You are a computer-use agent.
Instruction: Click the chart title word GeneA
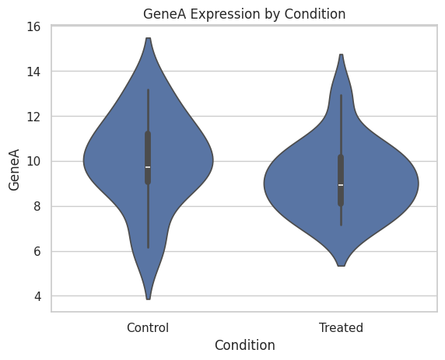pyautogui.click(x=165, y=14)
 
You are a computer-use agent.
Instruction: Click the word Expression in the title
pyautogui.click(x=225, y=15)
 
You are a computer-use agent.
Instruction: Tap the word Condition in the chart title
pyautogui.click(x=315, y=14)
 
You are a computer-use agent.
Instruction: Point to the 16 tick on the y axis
pyautogui.click(x=33, y=26)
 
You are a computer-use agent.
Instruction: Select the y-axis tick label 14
pyautogui.click(x=33, y=72)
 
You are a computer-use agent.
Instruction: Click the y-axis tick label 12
pyautogui.click(x=33, y=117)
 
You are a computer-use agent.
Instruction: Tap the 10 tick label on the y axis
pyautogui.click(x=33, y=162)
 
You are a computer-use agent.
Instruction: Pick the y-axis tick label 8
pyautogui.click(x=37, y=206)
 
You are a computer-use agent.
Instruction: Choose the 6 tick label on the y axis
pyautogui.click(x=37, y=251)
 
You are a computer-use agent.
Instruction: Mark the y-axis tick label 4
pyautogui.click(x=37, y=296)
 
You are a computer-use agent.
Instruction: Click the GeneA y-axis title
pyautogui.click(x=14, y=170)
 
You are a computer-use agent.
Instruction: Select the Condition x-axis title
pyautogui.click(x=245, y=345)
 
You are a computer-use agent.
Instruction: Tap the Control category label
pyautogui.click(x=148, y=327)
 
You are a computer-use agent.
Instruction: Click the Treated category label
pyautogui.click(x=341, y=327)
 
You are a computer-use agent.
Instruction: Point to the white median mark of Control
pyautogui.click(x=148, y=167)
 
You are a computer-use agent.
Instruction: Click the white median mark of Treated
pyautogui.click(x=341, y=185)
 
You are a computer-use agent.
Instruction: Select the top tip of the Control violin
pyautogui.click(x=148, y=38)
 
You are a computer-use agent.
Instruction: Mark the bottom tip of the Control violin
pyautogui.click(x=148, y=299)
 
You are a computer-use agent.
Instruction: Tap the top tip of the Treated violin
pyautogui.click(x=341, y=54)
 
